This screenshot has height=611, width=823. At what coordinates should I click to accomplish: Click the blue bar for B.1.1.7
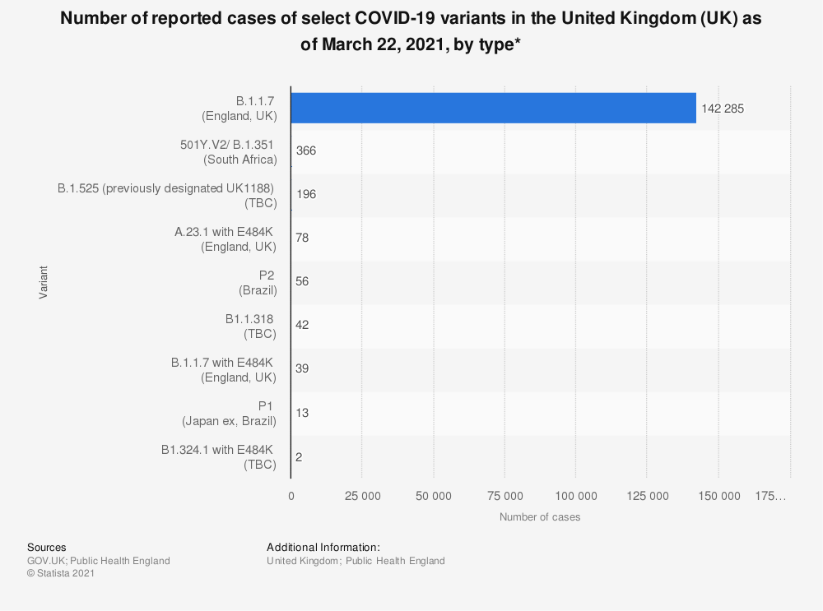coord(493,108)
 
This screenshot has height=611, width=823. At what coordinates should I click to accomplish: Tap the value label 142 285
coord(723,109)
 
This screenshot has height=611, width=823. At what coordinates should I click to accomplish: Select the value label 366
coord(306,151)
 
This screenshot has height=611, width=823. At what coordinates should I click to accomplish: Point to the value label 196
coord(306,195)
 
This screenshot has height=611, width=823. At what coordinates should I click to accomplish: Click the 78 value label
coord(302,238)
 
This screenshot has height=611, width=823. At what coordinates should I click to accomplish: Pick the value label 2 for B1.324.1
coord(299,457)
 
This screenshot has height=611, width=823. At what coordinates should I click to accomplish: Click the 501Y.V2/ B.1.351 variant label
coord(228,152)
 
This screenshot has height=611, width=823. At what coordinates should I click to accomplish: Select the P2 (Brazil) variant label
coord(258,283)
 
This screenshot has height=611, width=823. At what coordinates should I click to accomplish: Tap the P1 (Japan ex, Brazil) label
coord(229,414)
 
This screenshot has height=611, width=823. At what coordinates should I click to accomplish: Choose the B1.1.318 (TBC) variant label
coord(250,326)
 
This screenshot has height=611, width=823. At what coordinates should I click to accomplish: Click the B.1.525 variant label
coord(167,196)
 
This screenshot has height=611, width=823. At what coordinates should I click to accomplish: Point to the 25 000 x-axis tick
coord(362,496)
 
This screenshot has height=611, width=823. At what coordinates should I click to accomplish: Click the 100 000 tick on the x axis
coord(576,496)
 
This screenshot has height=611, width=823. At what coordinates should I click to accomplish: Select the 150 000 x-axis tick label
coord(718,496)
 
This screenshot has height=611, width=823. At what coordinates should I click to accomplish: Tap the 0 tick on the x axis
coord(291,496)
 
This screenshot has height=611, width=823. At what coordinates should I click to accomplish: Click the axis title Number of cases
coord(540,517)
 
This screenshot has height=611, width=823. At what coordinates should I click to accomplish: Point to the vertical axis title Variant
coord(43,282)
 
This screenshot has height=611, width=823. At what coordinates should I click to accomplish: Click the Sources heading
coord(47,548)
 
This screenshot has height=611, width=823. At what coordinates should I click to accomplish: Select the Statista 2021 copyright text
coord(61,573)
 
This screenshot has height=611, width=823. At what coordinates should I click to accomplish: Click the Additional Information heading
coord(323,548)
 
